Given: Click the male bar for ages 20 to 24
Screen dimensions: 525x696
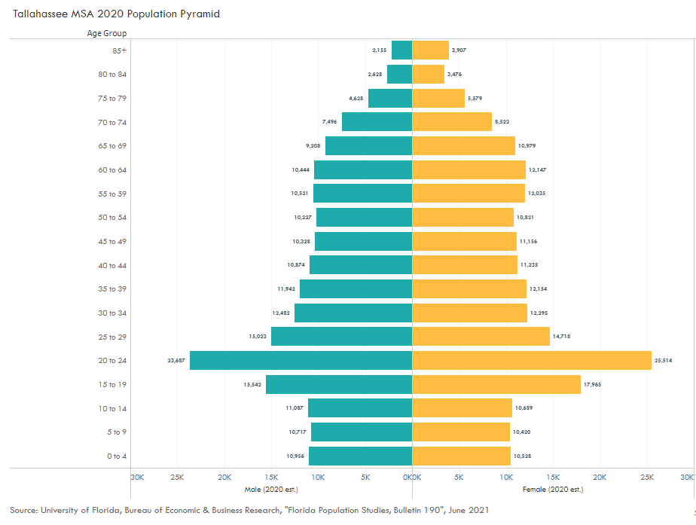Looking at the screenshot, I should point(301,360).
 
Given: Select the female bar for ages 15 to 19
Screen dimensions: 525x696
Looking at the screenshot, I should point(496,384).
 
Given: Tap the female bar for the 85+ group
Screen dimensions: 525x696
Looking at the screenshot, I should point(430,50).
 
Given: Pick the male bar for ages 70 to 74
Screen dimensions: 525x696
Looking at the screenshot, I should point(377,121).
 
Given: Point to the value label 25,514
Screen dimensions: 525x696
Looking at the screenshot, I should point(663,361).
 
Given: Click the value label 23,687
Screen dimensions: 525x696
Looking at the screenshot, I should point(176,361).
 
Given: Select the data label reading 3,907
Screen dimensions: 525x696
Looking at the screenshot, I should point(459,50).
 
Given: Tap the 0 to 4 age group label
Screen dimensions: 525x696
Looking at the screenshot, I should point(117,456).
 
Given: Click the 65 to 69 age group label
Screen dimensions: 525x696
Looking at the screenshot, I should point(112,146).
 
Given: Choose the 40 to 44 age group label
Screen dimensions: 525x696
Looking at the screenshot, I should point(112,265).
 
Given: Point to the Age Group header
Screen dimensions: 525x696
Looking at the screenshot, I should point(105,33).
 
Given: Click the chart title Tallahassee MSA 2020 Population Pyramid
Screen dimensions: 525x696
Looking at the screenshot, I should point(116,14).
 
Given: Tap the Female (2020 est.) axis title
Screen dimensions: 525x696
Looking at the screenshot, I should point(552,490).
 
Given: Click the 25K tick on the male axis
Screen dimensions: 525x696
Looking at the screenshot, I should point(177,478).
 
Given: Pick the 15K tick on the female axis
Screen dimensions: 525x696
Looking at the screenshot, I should point(552,478).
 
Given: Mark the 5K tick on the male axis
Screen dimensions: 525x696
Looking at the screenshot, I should point(365,478).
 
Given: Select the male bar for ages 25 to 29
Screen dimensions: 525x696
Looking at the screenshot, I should point(341,336).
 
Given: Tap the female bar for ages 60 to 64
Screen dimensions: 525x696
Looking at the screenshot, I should point(469,169).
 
